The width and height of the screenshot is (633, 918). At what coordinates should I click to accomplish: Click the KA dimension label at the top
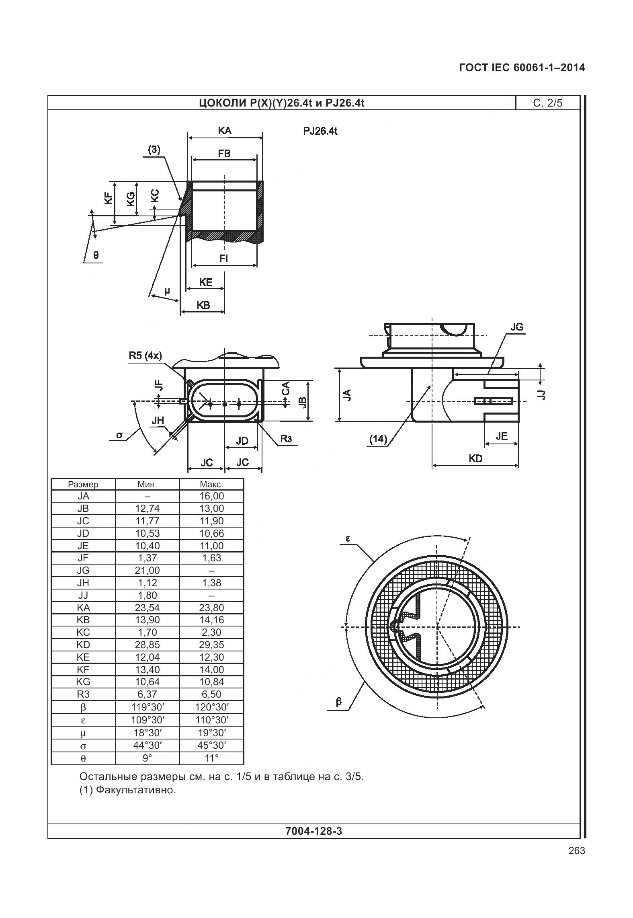pyautogui.click(x=225, y=131)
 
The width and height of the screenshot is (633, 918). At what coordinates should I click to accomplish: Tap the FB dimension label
pyautogui.click(x=224, y=154)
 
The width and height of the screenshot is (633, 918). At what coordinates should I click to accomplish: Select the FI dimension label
pyautogui.click(x=223, y=259)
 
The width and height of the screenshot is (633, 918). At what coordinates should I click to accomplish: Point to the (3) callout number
pyautogui.click(x=154, y=150)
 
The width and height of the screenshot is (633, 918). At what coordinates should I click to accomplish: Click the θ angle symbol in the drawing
pyautogui.click(x=96, y=255)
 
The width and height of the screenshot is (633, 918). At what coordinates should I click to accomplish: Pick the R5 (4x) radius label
pyautogui.click(x=145, y=355)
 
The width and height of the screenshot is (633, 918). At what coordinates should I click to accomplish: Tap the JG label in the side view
pyautogui.click(x=517, y=327)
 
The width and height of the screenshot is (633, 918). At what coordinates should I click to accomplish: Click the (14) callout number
pyautogui.click(x=378, y=439)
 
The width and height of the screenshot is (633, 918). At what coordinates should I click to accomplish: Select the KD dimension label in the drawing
pyautogui.click(x=475, y=458)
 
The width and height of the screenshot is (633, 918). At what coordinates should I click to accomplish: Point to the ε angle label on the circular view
pyautogui.click(x=348, y=539)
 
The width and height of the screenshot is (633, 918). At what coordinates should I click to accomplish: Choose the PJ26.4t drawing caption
pyautogui.click(x=320, y=131)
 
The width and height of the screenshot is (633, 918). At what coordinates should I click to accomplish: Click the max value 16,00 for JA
pyautogui.click(x=211, y=496)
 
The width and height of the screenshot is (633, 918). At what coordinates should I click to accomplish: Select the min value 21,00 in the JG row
pyautogui.click(x=147, y=570)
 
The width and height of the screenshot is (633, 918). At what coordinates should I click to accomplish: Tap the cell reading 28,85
pyautogui.click(x=147, y=645)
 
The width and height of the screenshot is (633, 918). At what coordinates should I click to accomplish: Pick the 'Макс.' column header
pyautogui.click(x=211, y=484)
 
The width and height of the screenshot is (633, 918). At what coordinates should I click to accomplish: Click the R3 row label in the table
pyautogui.click(x=83, y=694)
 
